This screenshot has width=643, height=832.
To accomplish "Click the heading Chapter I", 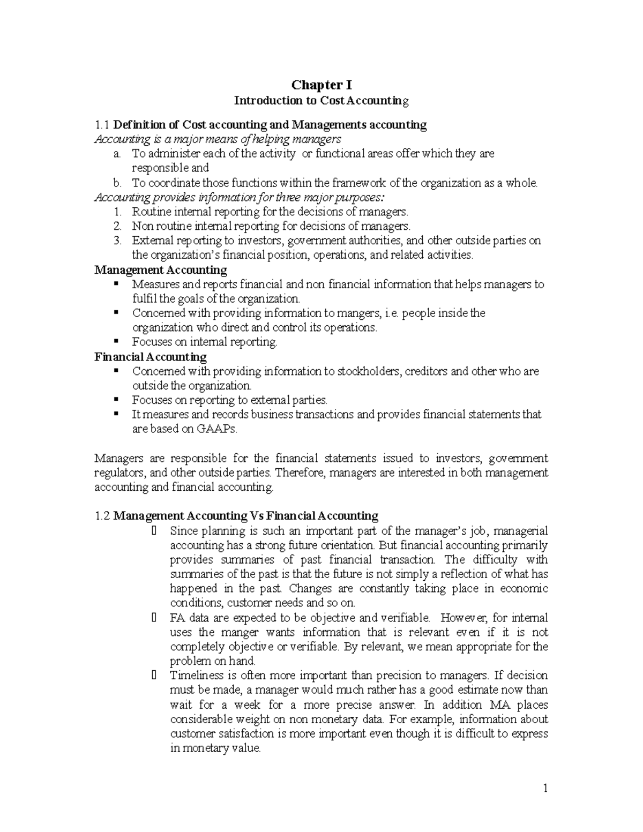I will point(322,85).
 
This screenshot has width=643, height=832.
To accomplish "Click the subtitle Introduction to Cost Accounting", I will point(322,100).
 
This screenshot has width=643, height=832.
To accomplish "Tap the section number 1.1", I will point(101,125).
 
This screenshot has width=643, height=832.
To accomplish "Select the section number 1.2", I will point(101,516).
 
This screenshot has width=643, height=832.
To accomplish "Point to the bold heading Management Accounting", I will point(161,269).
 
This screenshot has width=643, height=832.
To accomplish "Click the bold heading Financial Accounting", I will point(151,357).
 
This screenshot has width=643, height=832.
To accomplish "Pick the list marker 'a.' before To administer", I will point(117,154).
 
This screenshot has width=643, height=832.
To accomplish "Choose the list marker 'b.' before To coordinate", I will point(117,183).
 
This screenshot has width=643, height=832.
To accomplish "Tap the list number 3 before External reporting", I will point(118,241).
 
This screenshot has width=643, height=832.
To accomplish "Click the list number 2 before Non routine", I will point(118,226).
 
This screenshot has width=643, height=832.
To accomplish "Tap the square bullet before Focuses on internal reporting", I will point(116,342).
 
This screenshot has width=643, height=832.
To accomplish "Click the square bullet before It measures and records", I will point(116,414).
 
